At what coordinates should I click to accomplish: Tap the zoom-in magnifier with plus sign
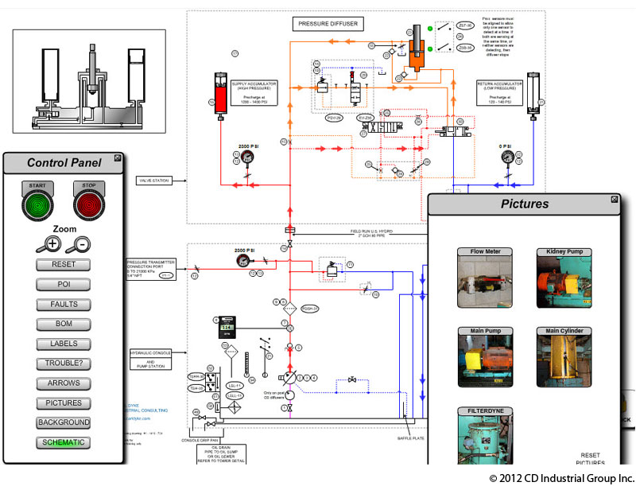(x=50, y=244)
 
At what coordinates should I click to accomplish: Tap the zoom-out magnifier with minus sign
(x=79, y=244)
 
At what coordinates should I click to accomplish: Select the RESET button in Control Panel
(x=64, y=264)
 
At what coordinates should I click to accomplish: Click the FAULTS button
(x=64, y=304)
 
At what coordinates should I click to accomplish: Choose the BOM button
(x=64, y=324)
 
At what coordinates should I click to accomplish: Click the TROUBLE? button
(x=64, y=364)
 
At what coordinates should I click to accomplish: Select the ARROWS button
(x=64, y=383)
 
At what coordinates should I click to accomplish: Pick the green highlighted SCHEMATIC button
(x=64, y=442)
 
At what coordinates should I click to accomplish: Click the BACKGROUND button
(x=64, y=422)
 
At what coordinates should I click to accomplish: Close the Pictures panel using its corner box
(x=615, y=199)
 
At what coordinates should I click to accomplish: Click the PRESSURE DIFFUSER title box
(x=328, y=24)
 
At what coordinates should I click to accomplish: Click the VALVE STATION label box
(x=154, y=181)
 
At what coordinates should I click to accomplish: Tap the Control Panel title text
(x=64, y=163)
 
